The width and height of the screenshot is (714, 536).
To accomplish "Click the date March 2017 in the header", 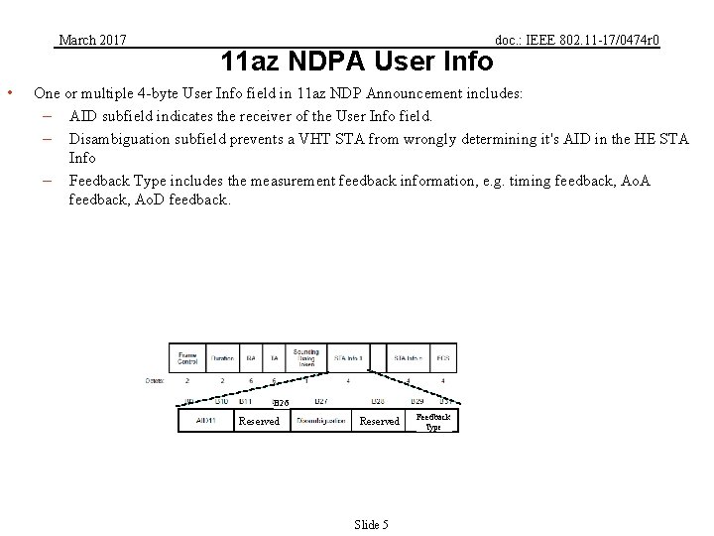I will pyautogui.click(x=92, y=40).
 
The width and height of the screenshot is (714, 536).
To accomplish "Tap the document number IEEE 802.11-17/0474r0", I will pyautogui.click(x=577, y=40).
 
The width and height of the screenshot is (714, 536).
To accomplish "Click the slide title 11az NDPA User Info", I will pyautogui.click(x=357, y=62).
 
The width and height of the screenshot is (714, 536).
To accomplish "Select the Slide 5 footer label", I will pyautogui.click(x=372, y=523).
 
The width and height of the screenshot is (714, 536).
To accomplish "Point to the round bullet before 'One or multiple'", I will pyautogui.click(x=9, y=94).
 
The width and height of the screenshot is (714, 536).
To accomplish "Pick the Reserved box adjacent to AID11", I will pyautogui.click(x=260, y=421).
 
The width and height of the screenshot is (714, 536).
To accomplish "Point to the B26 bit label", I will pyautogui.click(x=280, y=402).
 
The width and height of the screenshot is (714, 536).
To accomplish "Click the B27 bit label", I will pyautogui.click(x=320, y=401).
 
